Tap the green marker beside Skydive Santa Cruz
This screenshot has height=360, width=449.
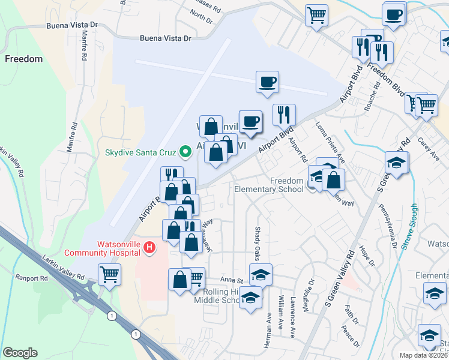click(186, 151)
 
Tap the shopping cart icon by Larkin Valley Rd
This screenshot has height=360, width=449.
click(109, 275)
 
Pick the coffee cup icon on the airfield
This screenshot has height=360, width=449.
click(267, 82)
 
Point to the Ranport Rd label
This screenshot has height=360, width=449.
click(32, 278)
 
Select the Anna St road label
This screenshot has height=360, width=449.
click(232, 280)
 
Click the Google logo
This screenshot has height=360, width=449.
click(20, 352)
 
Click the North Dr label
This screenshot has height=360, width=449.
click(202, 16)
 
